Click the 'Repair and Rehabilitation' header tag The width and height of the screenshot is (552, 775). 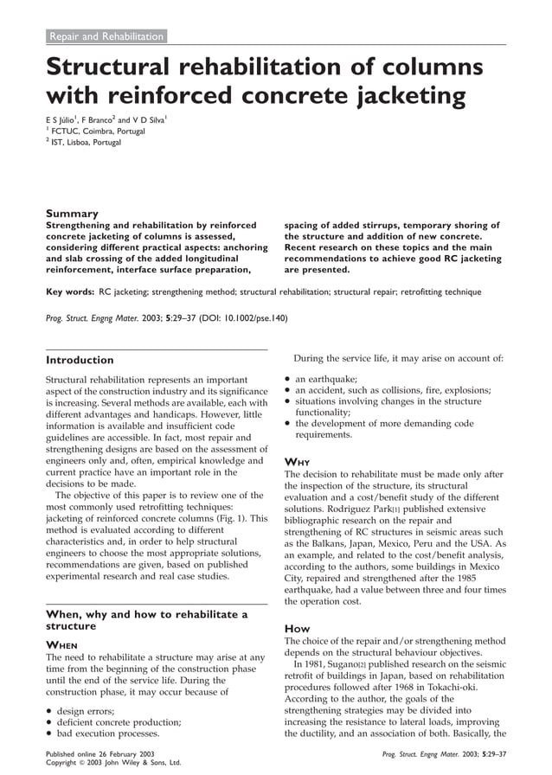tap(106, 36)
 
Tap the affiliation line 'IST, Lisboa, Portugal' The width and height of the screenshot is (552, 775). tap(86, 142)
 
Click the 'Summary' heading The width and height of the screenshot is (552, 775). tap(72, 213)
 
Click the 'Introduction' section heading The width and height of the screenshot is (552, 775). tap(79, 360)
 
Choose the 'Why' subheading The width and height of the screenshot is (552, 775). tap(298, 461)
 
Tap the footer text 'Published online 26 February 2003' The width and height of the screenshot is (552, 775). tap(99, 754)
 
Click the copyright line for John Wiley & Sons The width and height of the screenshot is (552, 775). tap(112, 764)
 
